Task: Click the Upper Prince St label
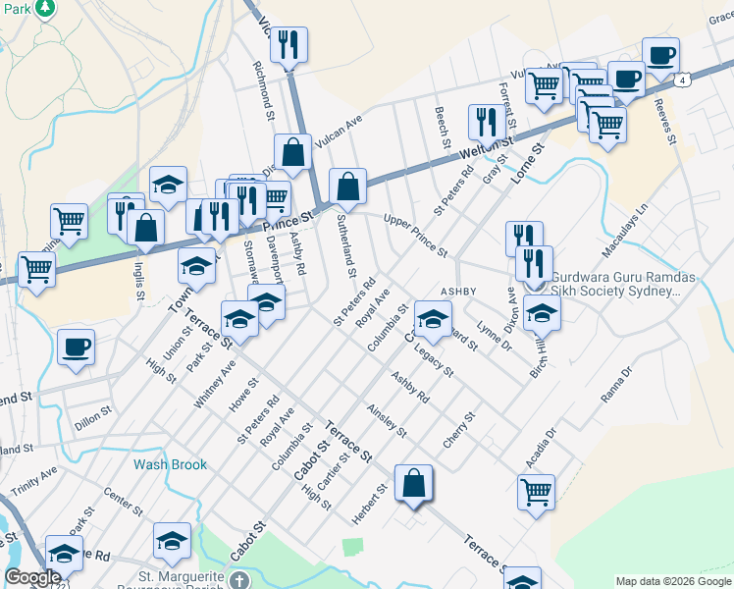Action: pos(416,234)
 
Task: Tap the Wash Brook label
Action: pos(171,464)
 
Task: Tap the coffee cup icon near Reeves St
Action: pos(660,56)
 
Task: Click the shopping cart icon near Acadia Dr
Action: pos(536,492)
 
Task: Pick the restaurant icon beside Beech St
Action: pos(486,122)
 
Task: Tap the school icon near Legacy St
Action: pos(433,317)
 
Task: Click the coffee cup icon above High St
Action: pos(77,347)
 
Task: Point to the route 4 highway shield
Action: pos(680,79)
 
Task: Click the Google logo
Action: pos(32,577)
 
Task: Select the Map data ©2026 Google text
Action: pos(673,581)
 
